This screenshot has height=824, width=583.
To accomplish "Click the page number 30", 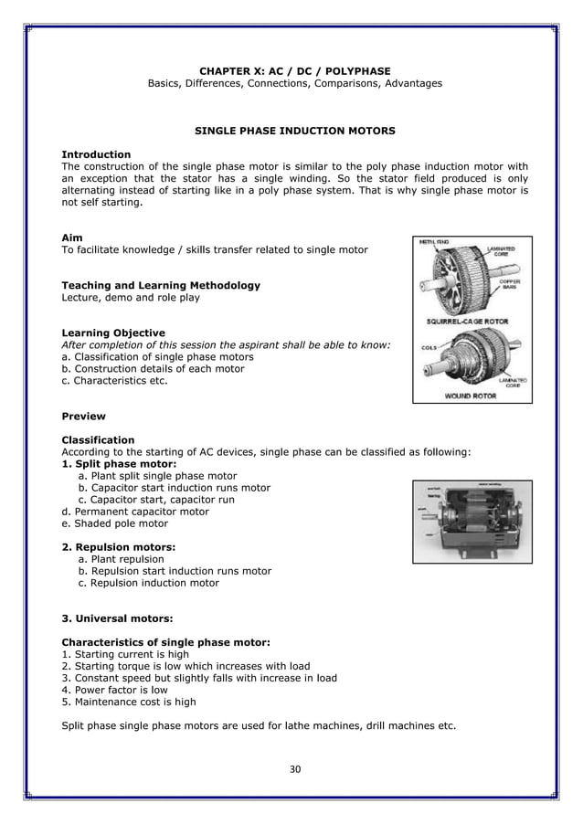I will pyautogui.click(x=294, y=767).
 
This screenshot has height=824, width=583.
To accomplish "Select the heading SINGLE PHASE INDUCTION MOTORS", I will pyautogui.click(x=294, y=132).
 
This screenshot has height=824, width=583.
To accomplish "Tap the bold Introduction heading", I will pyautogui.click(x=95, y=153).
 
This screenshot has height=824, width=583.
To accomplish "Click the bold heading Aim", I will pyautogui.click(x=71, y=238).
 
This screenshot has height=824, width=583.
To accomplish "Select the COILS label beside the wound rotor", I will pyautogui.click(x=428, y=347).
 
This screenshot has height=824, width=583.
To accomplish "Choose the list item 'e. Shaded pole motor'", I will pyautogui.click(x=114, y=524).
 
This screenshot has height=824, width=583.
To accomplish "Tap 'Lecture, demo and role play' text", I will pyautogui.click(x=131, y=297).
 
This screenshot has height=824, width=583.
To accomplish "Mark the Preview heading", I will pyautogui.click(x=82, y=417).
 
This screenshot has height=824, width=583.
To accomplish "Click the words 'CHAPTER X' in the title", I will pyautogui.click(x=234, y=70).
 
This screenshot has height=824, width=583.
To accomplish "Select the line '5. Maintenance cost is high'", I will pyautogui.click(x=128, y=703).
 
